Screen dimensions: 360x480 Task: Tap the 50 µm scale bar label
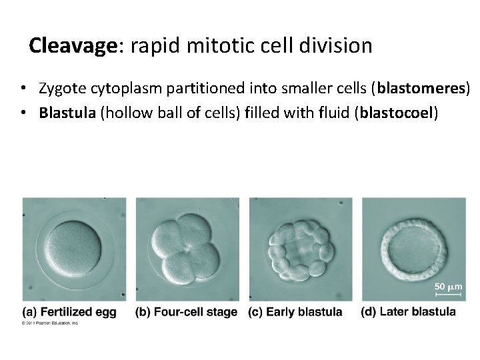click(x=449, y=287)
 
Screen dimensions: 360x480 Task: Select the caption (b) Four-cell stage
click(x=186, y=311)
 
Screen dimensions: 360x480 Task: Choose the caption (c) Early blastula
click(x=295, y=311)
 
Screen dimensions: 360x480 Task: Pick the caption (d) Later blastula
click(x=408, y=311)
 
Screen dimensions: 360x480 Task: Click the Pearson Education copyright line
click(x=50, y=323)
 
